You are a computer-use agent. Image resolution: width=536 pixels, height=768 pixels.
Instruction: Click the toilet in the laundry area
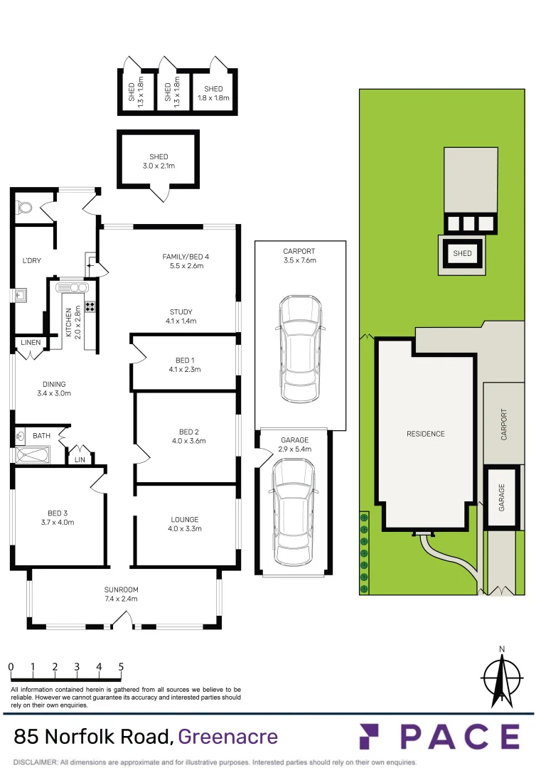point(26,208)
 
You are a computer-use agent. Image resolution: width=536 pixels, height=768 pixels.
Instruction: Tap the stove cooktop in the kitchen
point(90,307)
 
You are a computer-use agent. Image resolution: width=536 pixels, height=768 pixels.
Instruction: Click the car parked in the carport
point(301,348)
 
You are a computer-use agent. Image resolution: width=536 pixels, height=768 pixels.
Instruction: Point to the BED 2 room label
point(188,432)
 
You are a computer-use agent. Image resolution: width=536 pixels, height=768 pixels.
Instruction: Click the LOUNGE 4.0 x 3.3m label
point(185,524)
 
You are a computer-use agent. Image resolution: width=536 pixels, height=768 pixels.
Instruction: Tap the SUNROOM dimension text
point(121,599)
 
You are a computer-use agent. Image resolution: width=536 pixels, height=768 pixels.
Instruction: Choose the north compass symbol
point(502,679)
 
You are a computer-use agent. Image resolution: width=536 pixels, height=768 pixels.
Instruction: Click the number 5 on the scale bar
point(121,667)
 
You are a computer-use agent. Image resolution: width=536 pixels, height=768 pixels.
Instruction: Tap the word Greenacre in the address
point(227,736)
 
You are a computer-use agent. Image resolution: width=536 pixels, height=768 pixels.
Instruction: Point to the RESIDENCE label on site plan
point(426,434)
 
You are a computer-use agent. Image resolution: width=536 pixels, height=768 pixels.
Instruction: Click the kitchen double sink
point(74,287)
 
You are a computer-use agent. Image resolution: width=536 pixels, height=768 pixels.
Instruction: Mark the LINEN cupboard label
point(31,343)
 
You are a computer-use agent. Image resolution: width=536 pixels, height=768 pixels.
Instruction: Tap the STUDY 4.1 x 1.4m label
point(181,316)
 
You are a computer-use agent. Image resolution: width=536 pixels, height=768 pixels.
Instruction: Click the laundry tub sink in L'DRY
point(19,292)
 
